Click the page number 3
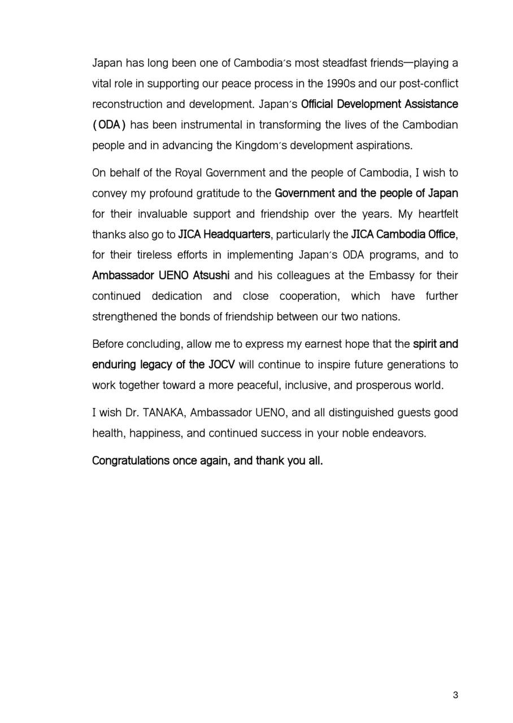click(x=455, y=695)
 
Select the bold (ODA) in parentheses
click(x=108, y=125)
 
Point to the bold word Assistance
click(x=431, y=104)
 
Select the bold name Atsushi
click(x=211, y=276)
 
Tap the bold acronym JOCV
click(x=221, y=364)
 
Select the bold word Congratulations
click(x=131, y=461)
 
